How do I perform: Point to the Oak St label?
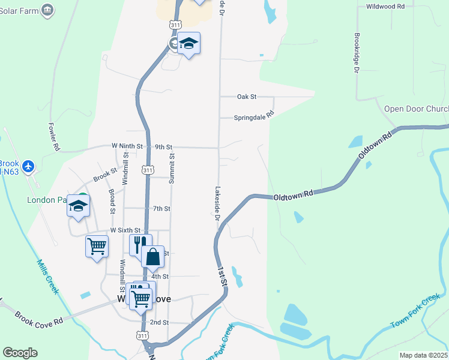pos(246,97)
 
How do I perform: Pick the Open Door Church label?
pos(416,109)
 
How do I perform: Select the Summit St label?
pos(172,167)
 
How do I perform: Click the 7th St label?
pos(161,209)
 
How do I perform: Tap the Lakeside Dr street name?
pos(217,203)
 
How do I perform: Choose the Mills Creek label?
pos(47,277)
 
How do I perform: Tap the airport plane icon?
pos(28,165)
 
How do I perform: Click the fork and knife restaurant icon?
pos(137,243)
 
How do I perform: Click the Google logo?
pos(20,353)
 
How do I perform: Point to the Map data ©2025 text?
pos(423,355)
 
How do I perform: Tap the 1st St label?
pos(223,275)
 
